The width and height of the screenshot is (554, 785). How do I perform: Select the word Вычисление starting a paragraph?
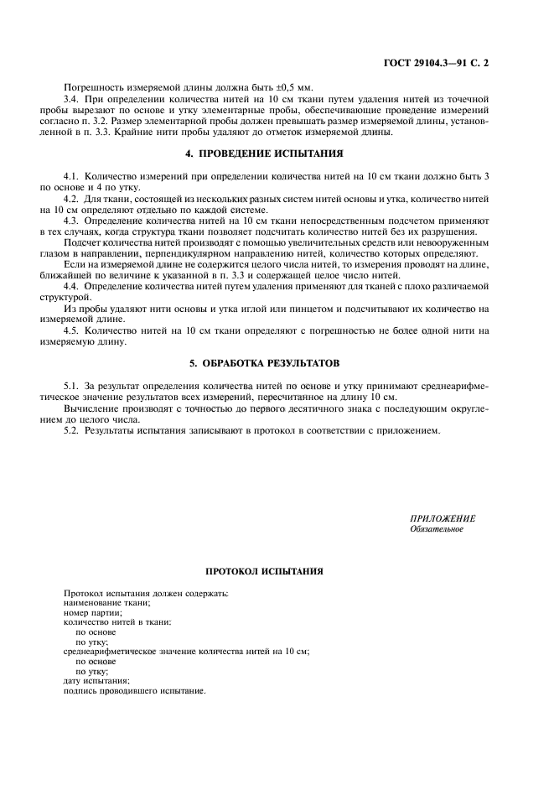pyautogui.click(x=88, y=408)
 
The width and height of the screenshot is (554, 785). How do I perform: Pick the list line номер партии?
pyautogui.click(x=93, y=613)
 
